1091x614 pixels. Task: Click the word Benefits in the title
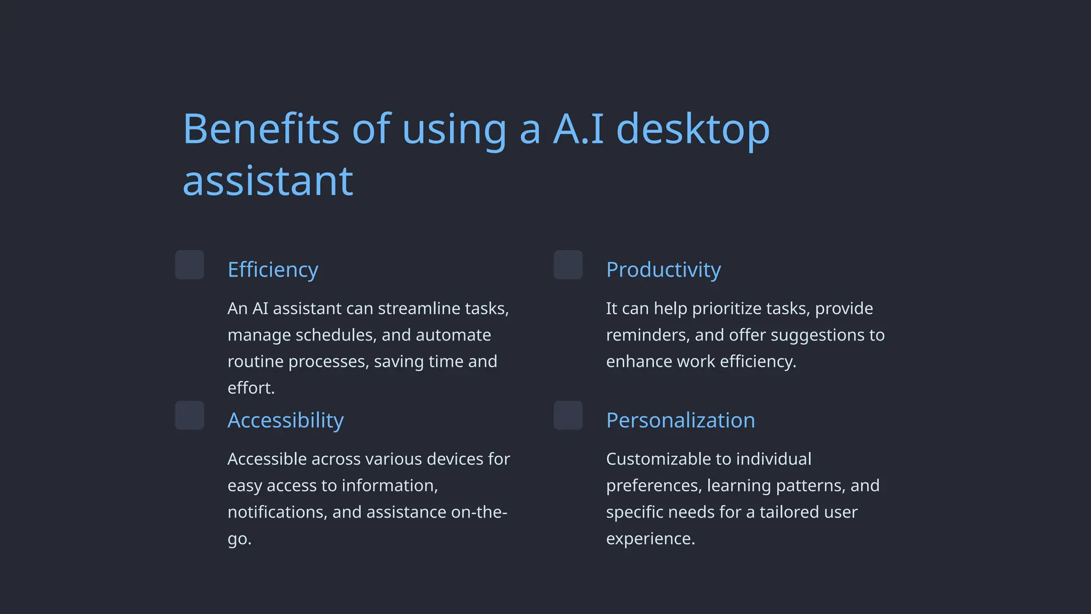261,129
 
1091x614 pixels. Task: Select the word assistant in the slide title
267,181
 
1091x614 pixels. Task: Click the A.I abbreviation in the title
579,129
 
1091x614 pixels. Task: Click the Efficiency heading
273,270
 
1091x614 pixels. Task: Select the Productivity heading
663,270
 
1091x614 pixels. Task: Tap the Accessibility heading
286,421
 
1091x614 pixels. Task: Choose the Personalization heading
680,421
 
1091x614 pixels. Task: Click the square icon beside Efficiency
190,265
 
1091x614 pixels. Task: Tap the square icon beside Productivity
568,265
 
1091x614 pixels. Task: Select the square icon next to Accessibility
190,415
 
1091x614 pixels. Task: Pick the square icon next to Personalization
568,415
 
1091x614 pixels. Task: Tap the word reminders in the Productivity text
647,335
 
